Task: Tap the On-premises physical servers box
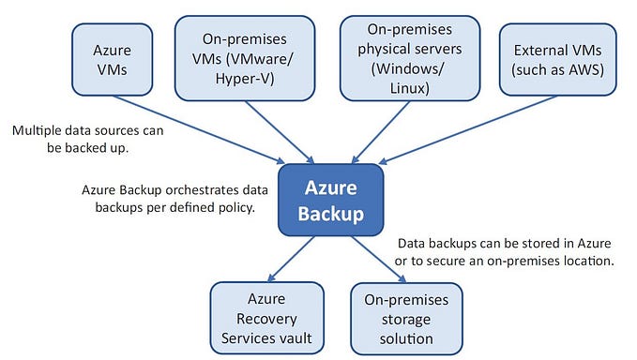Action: tap(402, 56)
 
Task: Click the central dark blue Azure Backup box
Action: tap(330, 199)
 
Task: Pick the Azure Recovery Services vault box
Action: tap(265, 315)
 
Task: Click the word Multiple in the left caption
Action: tap(37, 130)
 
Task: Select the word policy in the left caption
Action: tap(235, 207)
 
